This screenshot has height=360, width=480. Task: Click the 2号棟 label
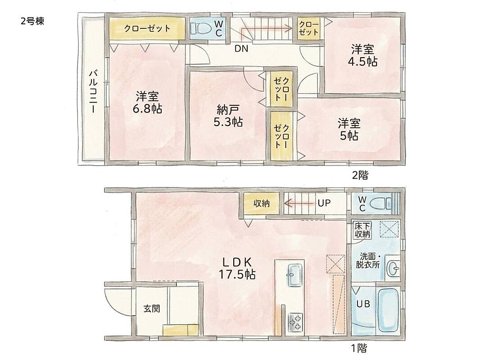point(32,21)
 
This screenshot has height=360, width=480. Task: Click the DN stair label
point(241,48)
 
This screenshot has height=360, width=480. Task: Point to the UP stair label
point(324,203)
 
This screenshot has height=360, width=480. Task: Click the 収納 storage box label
point(262,203)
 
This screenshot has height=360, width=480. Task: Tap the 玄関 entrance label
point(152,308)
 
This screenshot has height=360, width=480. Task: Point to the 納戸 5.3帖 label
point(228,116)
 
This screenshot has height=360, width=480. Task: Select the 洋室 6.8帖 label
point(148,103)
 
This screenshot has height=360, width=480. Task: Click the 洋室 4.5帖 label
point(362,55)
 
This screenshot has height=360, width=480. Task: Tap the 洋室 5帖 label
point(349,130)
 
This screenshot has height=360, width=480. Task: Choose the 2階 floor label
point(360,175)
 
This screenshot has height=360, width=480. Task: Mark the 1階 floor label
point(358,348)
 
